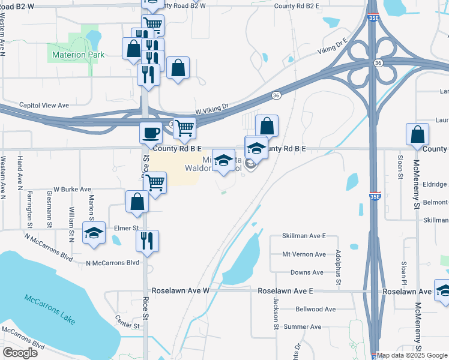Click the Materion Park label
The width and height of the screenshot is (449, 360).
[x=78, y=55]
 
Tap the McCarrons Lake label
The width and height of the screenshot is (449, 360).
[x=50, y=308]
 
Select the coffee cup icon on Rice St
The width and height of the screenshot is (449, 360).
[x=151, y=132]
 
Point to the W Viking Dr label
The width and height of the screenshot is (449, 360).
[x=212, y=109]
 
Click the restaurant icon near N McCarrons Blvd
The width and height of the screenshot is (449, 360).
[x=147, y=241]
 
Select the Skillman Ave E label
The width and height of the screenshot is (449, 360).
[x=304, y=236]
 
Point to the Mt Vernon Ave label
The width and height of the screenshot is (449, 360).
[x=304, y=254]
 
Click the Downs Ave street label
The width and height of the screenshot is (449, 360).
[x=307, y=272]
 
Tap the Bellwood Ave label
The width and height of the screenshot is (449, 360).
[x=316, y=309]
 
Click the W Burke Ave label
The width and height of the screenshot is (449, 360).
[x=72, y=189]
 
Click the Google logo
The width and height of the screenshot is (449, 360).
[x=20, y=353]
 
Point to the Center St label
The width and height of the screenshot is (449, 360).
[x=127, y=326]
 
